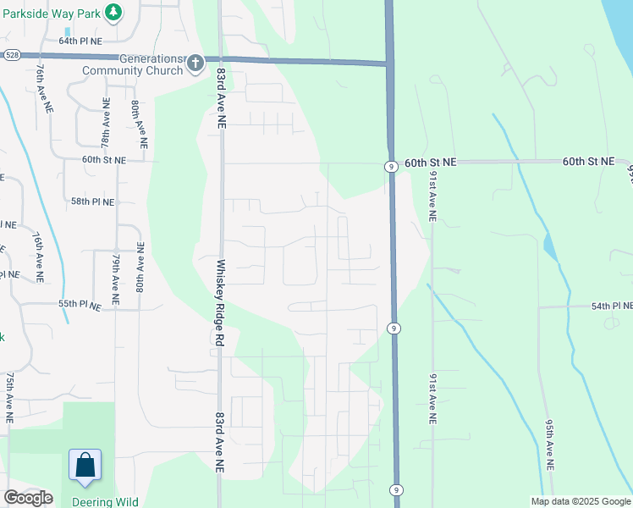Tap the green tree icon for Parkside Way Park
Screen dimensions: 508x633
pyautogui.click(x=114, y=14)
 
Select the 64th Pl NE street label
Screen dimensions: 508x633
pyautogui.click(x=80, y=40)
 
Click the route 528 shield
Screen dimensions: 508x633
pyautogui.click(x=11, y=54)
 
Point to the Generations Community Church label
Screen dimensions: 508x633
pyautogui.click(x=134, y=64)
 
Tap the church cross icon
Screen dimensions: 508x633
pyautogui.click(x=195, y=63)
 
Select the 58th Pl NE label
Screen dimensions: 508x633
pyautogui.click(x=92, y=202)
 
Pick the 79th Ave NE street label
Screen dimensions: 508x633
pyautogui.click(x=116, y=278)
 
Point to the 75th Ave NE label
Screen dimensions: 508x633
pyautogui.click(x=9, y=396)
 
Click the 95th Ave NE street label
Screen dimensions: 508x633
pyautogui.click(x=549, y=444)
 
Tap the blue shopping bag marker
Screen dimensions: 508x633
pyautogui.click(x=85, y=466)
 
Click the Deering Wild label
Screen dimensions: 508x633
pyautogui.click(x=105, y=502)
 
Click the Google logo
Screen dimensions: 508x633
pyautogui.click(x=28, y=498)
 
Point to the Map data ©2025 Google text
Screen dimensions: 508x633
pyautogui.click(x=580, y=501)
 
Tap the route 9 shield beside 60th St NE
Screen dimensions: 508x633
pyautogui.click(x=390, y=168)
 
